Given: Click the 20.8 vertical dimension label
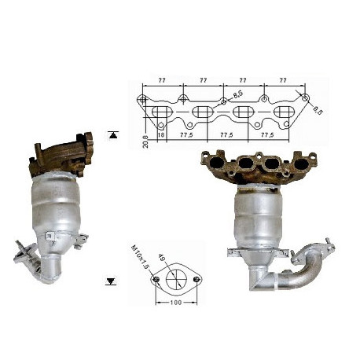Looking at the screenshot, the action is coord(145,141).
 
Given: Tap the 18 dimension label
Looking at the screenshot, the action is coord(161,135).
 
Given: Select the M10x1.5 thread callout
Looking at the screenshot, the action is coord(140,257).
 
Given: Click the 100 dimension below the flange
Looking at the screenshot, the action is coord(176,303).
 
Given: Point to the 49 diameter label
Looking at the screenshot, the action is coord(162,258).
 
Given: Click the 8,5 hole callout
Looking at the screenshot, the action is coord(238,94).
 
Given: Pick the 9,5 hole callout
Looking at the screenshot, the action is coord(318,110).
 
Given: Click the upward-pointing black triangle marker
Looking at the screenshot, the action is coord(113,135).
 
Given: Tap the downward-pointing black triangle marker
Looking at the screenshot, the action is coord(111,281).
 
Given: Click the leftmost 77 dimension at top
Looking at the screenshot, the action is coord(162,80).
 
